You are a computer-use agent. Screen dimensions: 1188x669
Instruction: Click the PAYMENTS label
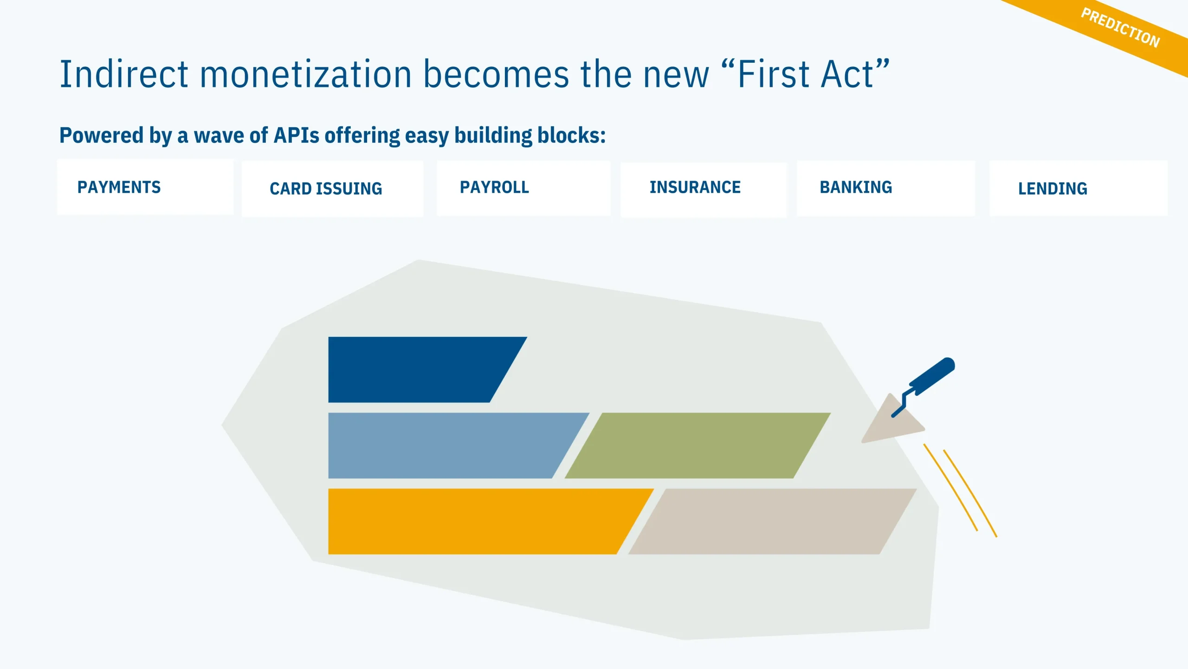pos(119,187)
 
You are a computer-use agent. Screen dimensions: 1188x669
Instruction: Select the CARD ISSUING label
pos(326,189)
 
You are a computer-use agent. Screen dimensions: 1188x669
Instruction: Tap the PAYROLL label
pos(494,187)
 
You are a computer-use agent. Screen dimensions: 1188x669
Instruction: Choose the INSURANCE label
pos(695,187)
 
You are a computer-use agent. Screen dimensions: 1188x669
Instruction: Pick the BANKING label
pos(856,187)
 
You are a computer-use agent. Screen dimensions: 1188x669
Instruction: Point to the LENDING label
pos(1052,189)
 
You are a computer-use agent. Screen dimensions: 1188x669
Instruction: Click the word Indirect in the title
pos(124,74)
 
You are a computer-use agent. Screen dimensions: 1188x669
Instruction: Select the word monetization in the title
pos(306,74)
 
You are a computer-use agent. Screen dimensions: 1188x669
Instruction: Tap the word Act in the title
pos(847,74)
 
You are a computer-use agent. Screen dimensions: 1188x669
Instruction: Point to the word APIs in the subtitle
pos(297,135)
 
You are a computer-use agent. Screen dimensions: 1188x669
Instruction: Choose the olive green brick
pos(697,446)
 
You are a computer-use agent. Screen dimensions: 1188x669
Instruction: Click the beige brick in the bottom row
pos(772,521)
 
